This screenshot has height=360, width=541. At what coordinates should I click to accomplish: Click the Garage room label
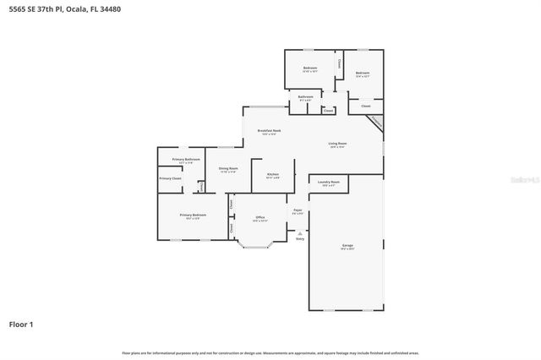click(x=347, y=245)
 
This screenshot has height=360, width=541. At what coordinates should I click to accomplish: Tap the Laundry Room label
click(x=329, y=182)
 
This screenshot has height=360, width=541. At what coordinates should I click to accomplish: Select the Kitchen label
click(x=272, y=174)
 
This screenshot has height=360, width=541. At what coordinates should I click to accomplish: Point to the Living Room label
click(x=337, y=144)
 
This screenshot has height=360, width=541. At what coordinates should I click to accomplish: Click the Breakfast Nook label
click(x=270, y=131)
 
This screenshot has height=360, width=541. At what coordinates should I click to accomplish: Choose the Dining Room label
click(x=228, y=168)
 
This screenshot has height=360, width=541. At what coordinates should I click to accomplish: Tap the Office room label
click(x=260, y=217)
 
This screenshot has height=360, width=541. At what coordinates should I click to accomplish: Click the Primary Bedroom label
click(x=193, y=215)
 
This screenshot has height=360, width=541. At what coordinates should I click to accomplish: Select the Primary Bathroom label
click(x=186, y=160)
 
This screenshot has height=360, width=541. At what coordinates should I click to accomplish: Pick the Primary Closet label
click(x=171, y=178)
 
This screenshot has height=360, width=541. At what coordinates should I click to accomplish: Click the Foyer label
click(x=298, y=210)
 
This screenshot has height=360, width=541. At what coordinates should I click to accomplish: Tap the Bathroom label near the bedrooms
click(x=305, y=97)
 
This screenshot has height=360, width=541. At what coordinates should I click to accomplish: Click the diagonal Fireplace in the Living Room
click(x=375, y=123)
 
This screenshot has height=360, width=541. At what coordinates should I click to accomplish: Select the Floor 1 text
click(x=21, y=324)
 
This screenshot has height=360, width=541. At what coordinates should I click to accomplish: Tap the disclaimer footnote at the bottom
click(x=270, y=352)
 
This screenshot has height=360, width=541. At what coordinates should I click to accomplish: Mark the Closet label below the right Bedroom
click(x=365, y=106)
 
